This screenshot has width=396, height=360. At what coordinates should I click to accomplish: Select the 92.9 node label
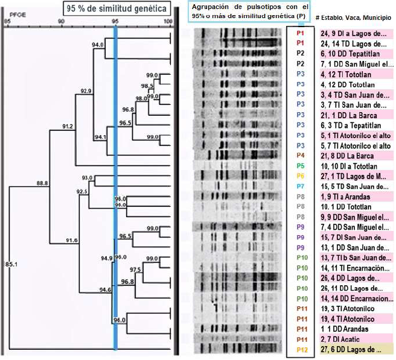coord(86,91)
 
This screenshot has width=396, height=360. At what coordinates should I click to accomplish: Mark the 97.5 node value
coord(135,270)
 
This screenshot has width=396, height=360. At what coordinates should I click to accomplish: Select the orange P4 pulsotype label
coord(300,156)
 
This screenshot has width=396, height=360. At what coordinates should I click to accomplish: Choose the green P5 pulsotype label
coord(300,166)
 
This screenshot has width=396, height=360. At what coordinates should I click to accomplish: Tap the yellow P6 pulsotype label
coord(300,176)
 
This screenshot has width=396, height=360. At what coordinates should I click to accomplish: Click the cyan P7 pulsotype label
coord(300,186)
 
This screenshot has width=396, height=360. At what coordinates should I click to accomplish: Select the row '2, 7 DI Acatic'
coord(345,339)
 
